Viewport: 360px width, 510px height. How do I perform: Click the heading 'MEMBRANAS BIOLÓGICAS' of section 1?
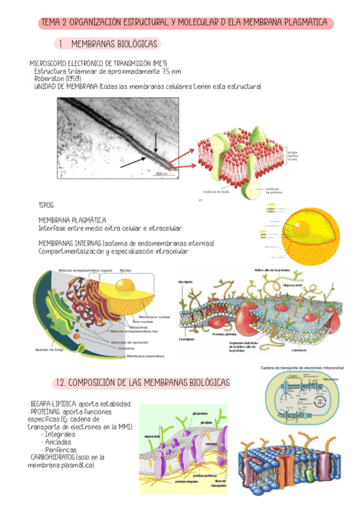pyautogui.click(x=114, y=44)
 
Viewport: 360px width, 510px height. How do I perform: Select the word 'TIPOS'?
pyautogui.click(x=46, y=205)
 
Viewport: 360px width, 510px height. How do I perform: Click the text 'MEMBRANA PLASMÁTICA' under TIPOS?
pyautogui.click(x=72, y=221)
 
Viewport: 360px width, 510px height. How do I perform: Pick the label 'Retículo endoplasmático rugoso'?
pyautogui.click(x=84, y=270)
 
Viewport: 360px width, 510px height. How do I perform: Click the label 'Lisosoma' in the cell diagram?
pyautogui.click(x=126, y=348)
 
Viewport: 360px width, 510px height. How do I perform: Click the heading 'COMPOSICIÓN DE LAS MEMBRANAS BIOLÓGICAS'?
pyautogui.click(x=142, y=382)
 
